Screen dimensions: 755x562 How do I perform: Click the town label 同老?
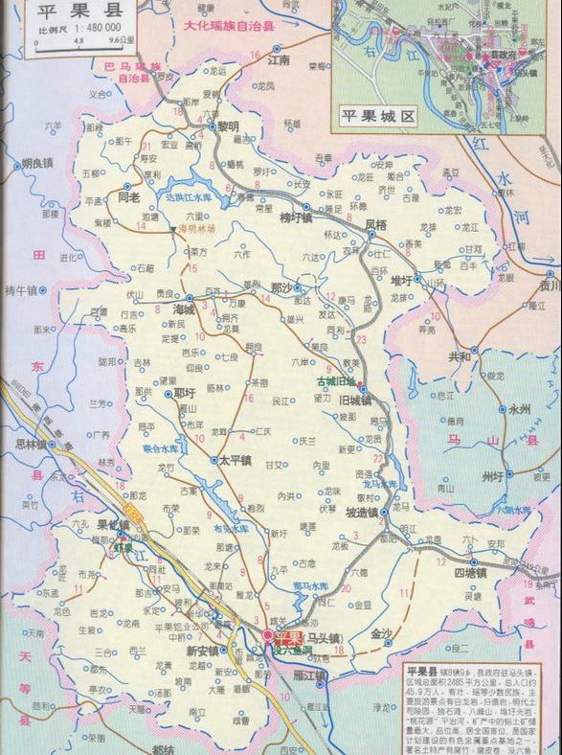127,196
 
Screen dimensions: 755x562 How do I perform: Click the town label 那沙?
281,287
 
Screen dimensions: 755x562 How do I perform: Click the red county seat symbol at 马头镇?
267,635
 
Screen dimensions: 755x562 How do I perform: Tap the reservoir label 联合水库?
160,447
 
